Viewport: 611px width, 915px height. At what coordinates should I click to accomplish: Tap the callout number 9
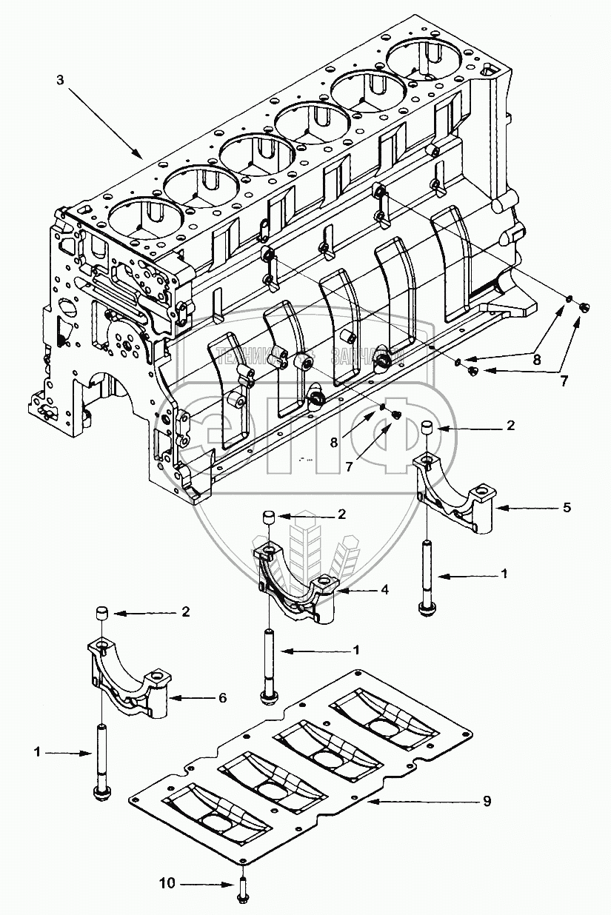click(486, 801)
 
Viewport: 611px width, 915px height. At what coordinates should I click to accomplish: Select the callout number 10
click(168, 883)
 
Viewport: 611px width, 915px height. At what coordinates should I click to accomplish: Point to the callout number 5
click(567, 508)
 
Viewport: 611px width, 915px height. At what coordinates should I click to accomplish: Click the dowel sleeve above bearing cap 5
click(427, 428)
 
